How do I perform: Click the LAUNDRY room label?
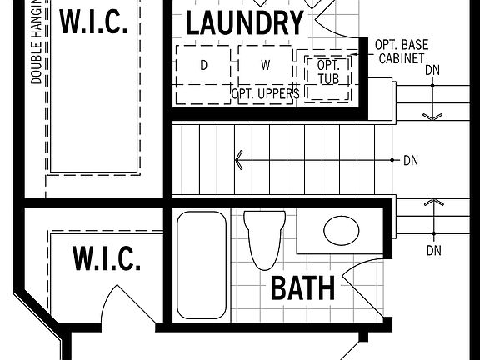click(244, 23)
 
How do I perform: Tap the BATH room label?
click(302, 288)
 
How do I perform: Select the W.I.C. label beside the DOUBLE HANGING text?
click(93, 22)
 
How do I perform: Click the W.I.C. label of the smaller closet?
click(106, 259)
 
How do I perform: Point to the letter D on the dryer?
click(203, 65)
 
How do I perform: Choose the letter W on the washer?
click(265, 65)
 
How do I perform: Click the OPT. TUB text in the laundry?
click(328, 72)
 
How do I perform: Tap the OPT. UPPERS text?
click(265, 94)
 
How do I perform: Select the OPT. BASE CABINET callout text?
click(402, 51)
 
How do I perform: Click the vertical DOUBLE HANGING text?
click(37, 42)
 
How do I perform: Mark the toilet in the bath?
click(265, 237)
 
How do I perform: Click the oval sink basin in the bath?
click(342, 230)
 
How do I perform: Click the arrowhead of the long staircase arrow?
click(239, 159)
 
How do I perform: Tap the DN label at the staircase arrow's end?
click(410, 159)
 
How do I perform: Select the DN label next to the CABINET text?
click(432, 70)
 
